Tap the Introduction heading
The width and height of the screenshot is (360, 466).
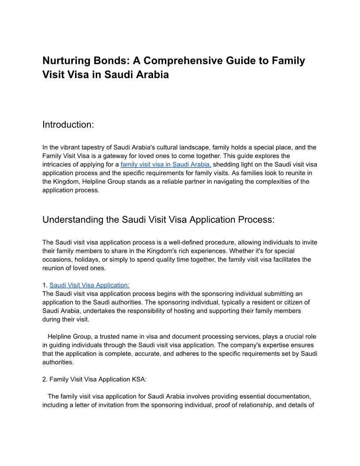click(68, 125)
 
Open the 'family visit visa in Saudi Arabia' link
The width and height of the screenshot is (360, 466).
click(165, 165)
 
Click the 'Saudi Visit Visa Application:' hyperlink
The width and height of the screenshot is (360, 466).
click(90, 285)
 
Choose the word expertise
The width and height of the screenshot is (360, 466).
click(271, 345)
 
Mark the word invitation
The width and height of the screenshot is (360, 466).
click(110, 405)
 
